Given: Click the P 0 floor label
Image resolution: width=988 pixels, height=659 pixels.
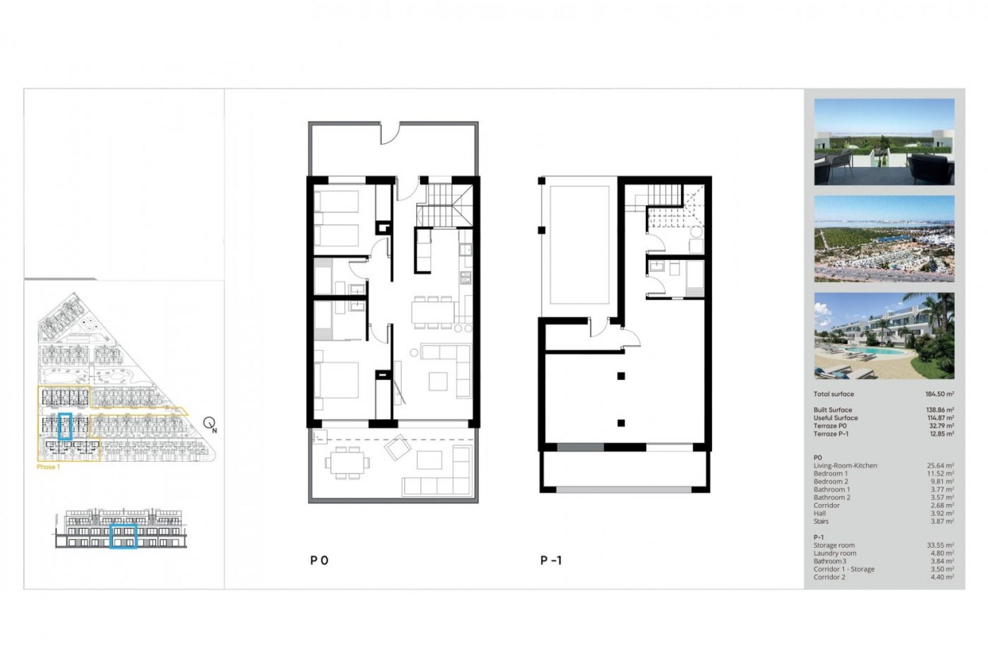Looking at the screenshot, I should coord(319,561).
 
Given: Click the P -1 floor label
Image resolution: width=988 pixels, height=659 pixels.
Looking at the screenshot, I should coord(551,561).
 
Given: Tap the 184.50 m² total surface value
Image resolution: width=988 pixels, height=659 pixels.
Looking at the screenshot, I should coord(939,394).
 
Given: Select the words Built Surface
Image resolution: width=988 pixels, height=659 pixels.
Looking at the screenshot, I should coord(833,410).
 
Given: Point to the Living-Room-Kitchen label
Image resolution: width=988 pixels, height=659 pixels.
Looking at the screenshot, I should coord(845,465).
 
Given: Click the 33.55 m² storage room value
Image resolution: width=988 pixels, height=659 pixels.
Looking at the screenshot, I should coord(940,545).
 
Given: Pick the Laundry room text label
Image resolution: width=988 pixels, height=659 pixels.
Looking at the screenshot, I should coord(835,553).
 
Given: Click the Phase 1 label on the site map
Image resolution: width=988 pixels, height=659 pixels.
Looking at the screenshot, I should coord(48,467).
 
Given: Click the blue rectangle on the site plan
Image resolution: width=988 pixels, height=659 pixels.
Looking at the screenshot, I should coord(65,426).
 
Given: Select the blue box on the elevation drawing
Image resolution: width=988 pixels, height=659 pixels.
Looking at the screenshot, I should coord(123,536).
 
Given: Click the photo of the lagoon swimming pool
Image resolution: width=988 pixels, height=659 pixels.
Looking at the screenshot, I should coord(884,336).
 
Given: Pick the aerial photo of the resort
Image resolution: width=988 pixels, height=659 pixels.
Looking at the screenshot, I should coord(884,238).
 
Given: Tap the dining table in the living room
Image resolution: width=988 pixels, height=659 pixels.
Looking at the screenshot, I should coord(433,312).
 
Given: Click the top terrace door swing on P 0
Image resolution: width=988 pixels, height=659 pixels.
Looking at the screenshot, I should coord(390,135).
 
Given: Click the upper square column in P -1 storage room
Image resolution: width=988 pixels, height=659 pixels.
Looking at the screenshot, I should coord(621,376).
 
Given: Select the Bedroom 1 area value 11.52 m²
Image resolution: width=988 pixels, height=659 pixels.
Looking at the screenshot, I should coord(940,474).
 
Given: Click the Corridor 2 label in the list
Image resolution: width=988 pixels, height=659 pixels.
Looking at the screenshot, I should coord(829,577).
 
